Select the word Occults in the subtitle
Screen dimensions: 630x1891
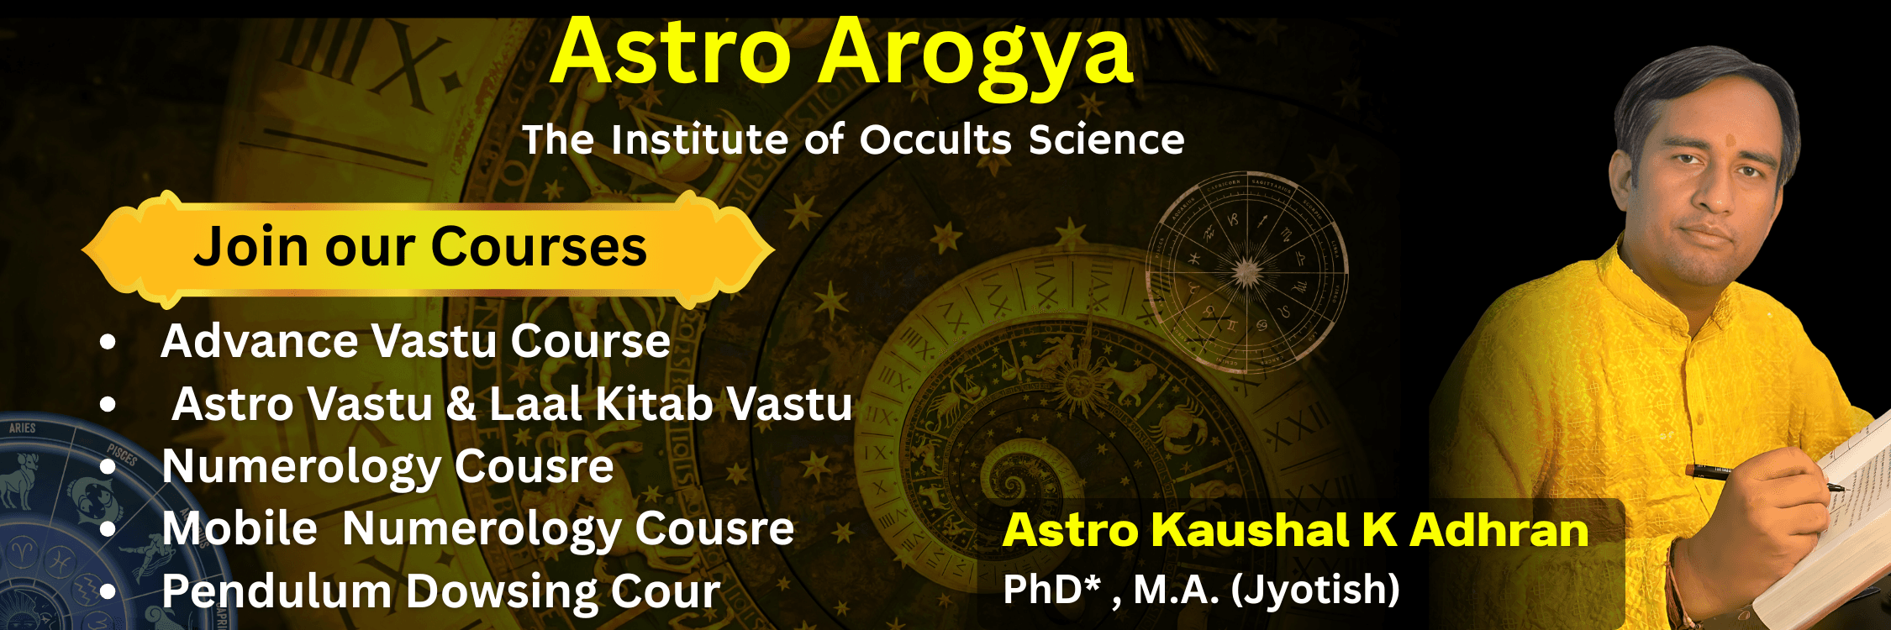936,139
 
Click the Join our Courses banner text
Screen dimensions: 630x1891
420,247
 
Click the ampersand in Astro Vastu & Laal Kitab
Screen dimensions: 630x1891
461,404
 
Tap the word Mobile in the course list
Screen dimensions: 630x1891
240,528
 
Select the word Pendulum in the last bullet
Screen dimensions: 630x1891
277,591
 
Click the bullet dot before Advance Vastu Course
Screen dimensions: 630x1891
108,342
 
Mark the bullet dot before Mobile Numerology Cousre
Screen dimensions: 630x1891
108,529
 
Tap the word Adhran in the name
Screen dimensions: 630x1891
1499,530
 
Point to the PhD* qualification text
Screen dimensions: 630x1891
1051,590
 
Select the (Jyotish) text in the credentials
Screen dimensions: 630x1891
1315,590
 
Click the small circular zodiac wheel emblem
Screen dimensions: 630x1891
1247,272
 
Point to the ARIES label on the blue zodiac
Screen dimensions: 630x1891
23,428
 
